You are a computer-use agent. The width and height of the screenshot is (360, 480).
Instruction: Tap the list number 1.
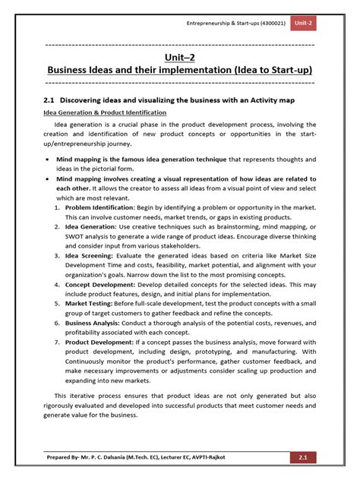click(58, 206)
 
